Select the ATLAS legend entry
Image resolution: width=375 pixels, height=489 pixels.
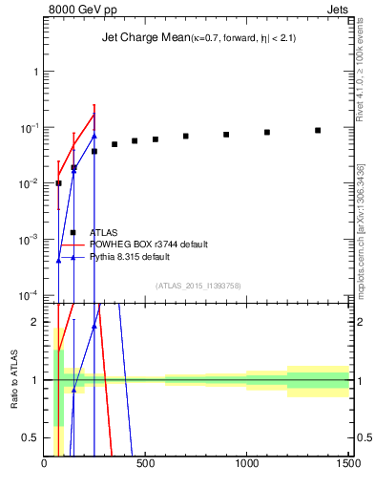point(104,232)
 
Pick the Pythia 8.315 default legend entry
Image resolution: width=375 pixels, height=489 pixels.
point(130,258)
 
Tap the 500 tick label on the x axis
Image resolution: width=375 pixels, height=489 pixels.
point(146,465)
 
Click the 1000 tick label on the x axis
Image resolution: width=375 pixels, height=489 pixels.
point(246,465)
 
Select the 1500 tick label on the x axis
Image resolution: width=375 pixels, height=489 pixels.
point(347,465)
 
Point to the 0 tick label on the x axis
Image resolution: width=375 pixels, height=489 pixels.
point(45,465)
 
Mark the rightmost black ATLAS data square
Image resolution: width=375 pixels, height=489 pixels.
point(318,130)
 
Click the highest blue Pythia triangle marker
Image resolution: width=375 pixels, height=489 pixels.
point(94,135)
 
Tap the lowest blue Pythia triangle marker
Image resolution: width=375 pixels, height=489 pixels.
point(59,260)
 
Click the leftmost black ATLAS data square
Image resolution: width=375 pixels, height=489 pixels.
point(58,182)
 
